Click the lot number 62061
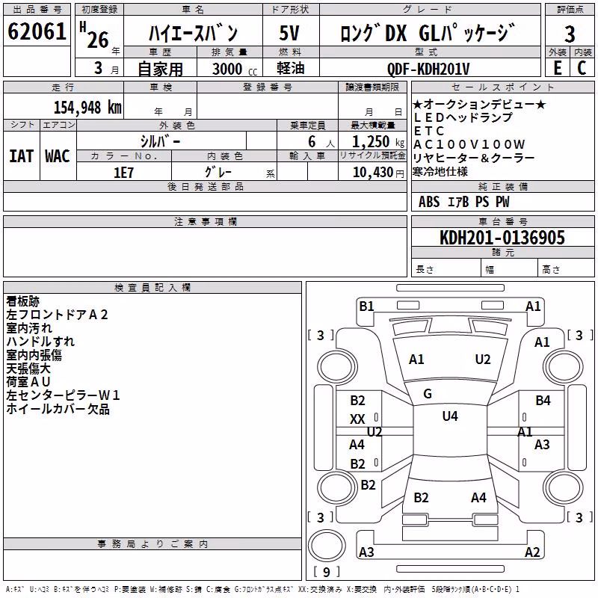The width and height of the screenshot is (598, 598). click(x=37, y=31)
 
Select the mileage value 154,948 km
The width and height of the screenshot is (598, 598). click(x=87, y=108)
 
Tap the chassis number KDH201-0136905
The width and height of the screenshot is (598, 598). click(x=502, y=238)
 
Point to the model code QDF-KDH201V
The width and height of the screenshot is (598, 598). click(x=428, y=69)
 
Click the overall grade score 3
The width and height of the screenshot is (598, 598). click(x=570, y=34)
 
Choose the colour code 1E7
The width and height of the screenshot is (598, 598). click(x=123, y=173)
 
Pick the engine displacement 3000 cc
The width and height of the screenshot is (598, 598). click(x=235, y=69)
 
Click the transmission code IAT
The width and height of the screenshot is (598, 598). click(x=22, y=156)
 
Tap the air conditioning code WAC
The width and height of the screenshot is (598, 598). click(x=58, y=156)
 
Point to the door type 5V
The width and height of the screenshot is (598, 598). click(x=289, y=33)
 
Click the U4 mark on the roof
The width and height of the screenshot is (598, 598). click(x=450, y=416)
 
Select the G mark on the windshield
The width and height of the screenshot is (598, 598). click(x=428, y=394)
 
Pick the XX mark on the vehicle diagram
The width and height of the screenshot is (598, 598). click(x=357, y=419)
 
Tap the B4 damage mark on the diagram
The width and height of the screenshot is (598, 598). click(x=543, y=401)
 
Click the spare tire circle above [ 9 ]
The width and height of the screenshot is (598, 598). click(x=327, y=546)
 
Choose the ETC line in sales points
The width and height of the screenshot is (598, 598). click(x=429, y=131)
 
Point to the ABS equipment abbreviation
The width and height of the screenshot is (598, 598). click(x=429, y=202)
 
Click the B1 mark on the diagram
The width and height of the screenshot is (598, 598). click(x=366, y=306)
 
